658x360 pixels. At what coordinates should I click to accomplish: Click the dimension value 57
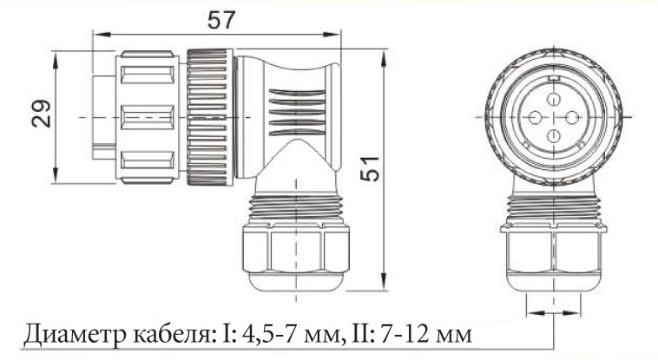click(x=221, y=20)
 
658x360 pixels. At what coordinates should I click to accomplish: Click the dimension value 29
click(x=41, y=114)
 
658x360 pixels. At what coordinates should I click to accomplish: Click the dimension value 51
click(x=370, y=168)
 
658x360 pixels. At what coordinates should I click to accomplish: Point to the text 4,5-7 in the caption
click(x=265, y=334)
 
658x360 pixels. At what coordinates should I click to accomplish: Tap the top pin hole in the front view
click(x=554, y=100)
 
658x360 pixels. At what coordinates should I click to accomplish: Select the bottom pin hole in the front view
click(x=554, y=135)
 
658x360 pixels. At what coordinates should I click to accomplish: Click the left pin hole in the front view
click(x=535, y=117)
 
